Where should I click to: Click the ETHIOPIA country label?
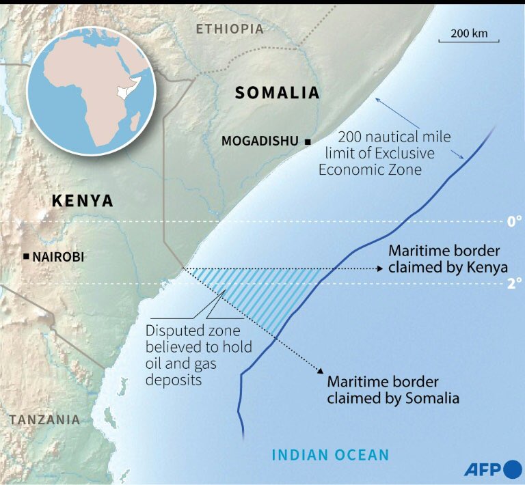[229, 29]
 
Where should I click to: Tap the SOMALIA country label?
[277, 94]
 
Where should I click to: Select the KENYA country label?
[83, 200]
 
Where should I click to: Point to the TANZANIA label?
[44, 419]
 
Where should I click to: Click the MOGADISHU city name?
[260, 141]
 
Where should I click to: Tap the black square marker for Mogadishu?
[308, 141]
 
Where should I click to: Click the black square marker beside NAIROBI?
[26, 256]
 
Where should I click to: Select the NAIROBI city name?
[64, 257]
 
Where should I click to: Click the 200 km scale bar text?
[469, 33]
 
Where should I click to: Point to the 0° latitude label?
[514, 221]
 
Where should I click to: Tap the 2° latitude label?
[514, 282]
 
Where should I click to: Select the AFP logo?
[492, 469]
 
